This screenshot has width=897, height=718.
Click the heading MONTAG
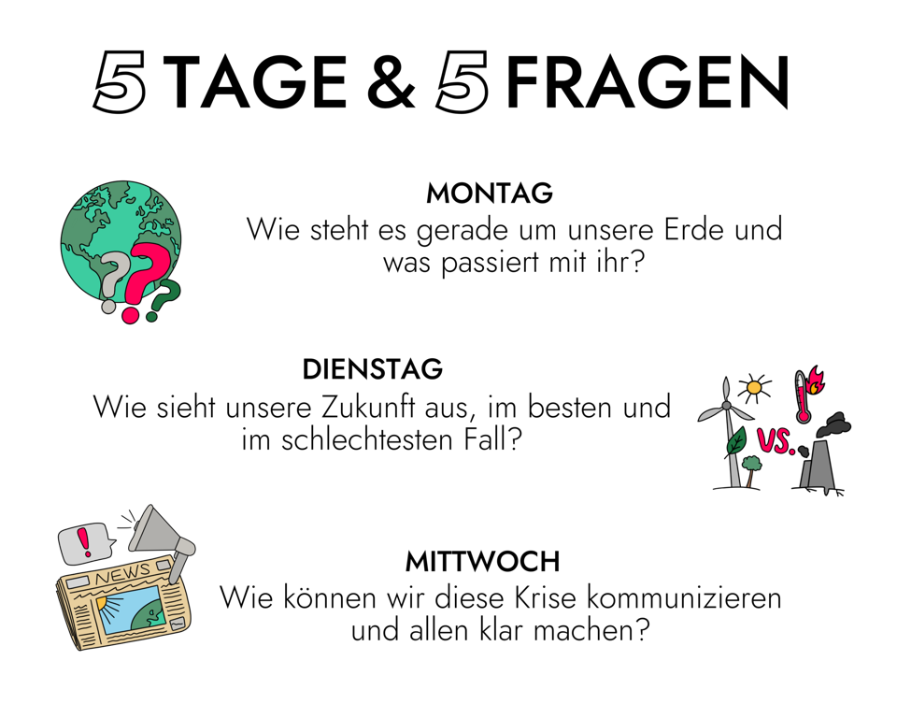pyautogui.click(x=490, y=194)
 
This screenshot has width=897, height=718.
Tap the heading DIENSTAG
pyautogui.click(x=373, y=370)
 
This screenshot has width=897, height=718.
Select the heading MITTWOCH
pyautogui.click(x=483, y=562)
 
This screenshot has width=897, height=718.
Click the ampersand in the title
pyautogui.click(x=392, y=81)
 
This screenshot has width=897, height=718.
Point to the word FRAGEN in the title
pyautogui.click(x=648, y=82)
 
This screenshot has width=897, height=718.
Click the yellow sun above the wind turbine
pyautogui.click(x=754, y=388)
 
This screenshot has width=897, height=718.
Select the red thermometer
pyautogui.click(x=804, y=397)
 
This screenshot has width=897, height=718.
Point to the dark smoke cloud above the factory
pyautogui.click(x=834, y=424)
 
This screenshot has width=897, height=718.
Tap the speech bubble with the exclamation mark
pyautogui.click(x=86, y=542)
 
